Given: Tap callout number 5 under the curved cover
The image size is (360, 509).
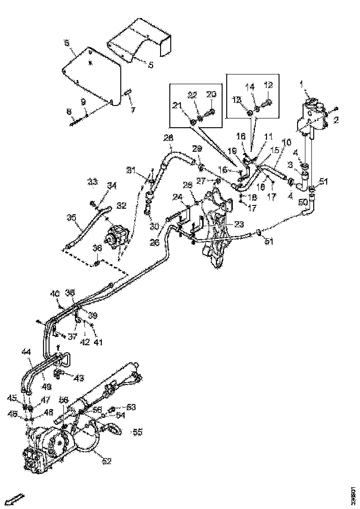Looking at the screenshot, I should (150, 65).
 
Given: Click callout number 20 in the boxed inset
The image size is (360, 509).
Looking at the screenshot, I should (211, 94).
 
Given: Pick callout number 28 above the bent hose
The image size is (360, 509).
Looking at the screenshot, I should (168, 138).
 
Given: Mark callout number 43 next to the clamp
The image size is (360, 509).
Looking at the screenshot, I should (79, 378).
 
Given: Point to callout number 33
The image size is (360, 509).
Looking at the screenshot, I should (93, 181).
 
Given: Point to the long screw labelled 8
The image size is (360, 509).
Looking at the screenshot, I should (76, 122).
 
